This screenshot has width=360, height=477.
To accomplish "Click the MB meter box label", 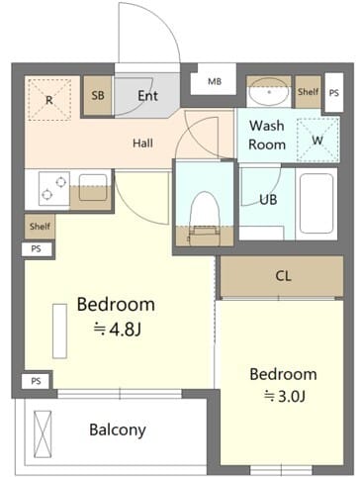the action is (x=215, y=81).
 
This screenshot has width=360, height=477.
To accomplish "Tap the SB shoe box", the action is (x=98, y=96).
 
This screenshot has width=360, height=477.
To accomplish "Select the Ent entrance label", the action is (x=147, y=96).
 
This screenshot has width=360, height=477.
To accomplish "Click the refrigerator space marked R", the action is (x=49, y=100).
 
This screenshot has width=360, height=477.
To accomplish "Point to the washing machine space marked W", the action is (x=317, y=140).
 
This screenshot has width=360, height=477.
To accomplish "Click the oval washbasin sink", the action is (x=269, y=92).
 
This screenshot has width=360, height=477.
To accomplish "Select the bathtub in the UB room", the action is (x=316, y=204).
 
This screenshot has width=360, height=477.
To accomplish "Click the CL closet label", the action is (x=283, y=276).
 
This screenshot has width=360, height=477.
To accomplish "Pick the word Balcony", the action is (x=118, y=430).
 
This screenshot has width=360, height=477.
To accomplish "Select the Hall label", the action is (x=142, y=143).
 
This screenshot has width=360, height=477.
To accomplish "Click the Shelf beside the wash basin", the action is (x=308, y=92).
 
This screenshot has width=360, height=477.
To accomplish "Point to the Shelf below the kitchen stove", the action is (x=40, y=227).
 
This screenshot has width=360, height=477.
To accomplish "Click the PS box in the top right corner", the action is (x=334, y=93).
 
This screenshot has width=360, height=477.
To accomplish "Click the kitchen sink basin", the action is (x=93, y=187).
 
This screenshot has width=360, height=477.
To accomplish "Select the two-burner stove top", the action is (x=54, y=188).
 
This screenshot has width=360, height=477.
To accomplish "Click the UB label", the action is (x=268, y=200).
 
